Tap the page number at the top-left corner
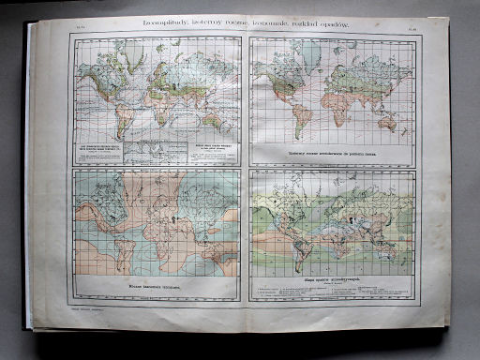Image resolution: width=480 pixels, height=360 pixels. click(67, 29)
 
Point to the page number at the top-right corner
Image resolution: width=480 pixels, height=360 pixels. click(414, 29)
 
